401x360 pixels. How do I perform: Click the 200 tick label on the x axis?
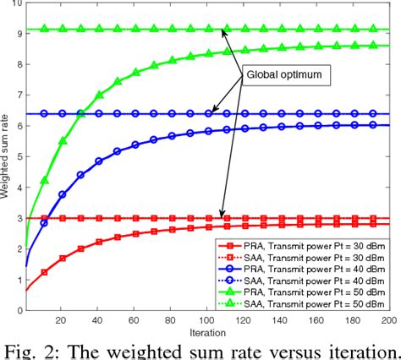click(387, 319)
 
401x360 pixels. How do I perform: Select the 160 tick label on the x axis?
click(315, 319)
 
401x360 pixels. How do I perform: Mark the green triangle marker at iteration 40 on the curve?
click(99, 95)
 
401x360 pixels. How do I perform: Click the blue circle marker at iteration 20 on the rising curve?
click(63, 194)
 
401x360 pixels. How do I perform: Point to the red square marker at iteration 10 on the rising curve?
click(45, 271)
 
